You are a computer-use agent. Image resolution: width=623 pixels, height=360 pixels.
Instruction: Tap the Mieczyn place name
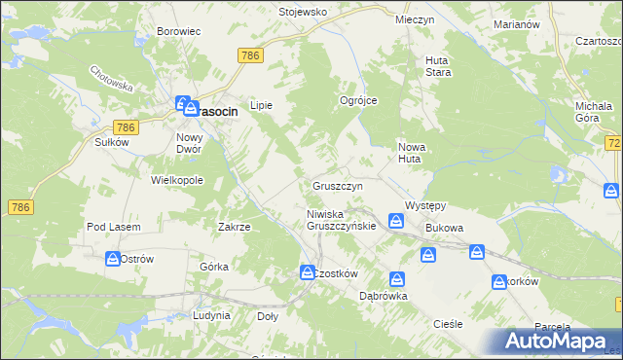[414, 19]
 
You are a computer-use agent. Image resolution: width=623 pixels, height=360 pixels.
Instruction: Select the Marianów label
[516, 23]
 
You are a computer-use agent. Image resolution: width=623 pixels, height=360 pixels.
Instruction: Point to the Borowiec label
[178, 31]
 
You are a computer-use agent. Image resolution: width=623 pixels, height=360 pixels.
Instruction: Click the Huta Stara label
[436, 65]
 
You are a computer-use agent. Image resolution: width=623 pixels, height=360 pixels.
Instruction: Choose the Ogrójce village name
[357, 100]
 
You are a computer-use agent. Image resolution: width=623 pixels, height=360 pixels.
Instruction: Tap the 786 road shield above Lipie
[249, 56]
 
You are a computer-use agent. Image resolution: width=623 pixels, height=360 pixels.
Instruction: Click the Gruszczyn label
[338, 185]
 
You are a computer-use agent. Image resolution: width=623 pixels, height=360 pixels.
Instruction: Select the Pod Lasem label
[113, 227]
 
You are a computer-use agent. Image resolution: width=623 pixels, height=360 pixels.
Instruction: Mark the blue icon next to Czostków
[306, 272]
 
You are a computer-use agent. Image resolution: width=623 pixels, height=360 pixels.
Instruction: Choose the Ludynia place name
[211, 316]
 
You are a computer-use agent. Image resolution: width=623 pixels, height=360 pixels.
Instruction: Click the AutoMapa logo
[555, 342]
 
